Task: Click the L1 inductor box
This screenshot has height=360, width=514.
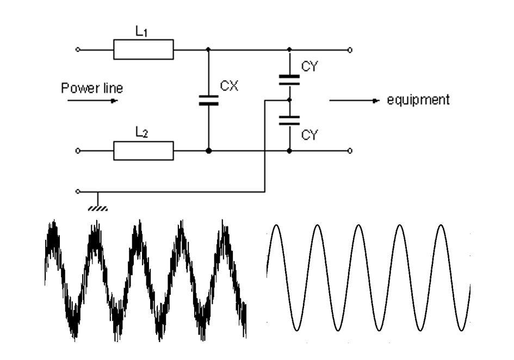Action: [x=143, y=49]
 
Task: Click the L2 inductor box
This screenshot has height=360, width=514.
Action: [x=143, y=151]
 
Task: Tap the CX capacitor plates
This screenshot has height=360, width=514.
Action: [x=208, y=100]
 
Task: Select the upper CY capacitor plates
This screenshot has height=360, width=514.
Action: [x=289, y=80]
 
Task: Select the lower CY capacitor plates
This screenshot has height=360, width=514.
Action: [x=289, y=120]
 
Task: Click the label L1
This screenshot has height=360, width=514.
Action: [x=141, y=32]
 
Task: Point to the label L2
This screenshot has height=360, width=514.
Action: [x=141, y=132]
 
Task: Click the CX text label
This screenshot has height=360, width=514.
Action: [x=229, y=86]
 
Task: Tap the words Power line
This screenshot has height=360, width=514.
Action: [x=92, y=88]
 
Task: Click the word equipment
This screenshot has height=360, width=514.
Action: [x=418, y=100]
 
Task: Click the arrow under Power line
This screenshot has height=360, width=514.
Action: [x=92, y=101]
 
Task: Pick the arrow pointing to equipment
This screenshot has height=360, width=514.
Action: [x=354, y=100]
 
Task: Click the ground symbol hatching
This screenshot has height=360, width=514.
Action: [x=98, y=208]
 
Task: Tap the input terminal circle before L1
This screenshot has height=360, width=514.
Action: [x=78, y=49]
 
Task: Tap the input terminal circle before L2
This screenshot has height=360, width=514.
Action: [x=78, y=151]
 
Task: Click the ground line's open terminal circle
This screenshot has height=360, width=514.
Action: [x=78, y=191]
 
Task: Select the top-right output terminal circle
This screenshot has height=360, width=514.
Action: [x=350, y=50]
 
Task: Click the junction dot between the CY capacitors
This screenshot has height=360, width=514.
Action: [x=289, y=100]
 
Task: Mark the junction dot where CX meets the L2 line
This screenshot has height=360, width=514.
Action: [x=208, y=151]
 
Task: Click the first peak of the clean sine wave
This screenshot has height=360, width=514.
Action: [x=276, y=226]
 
